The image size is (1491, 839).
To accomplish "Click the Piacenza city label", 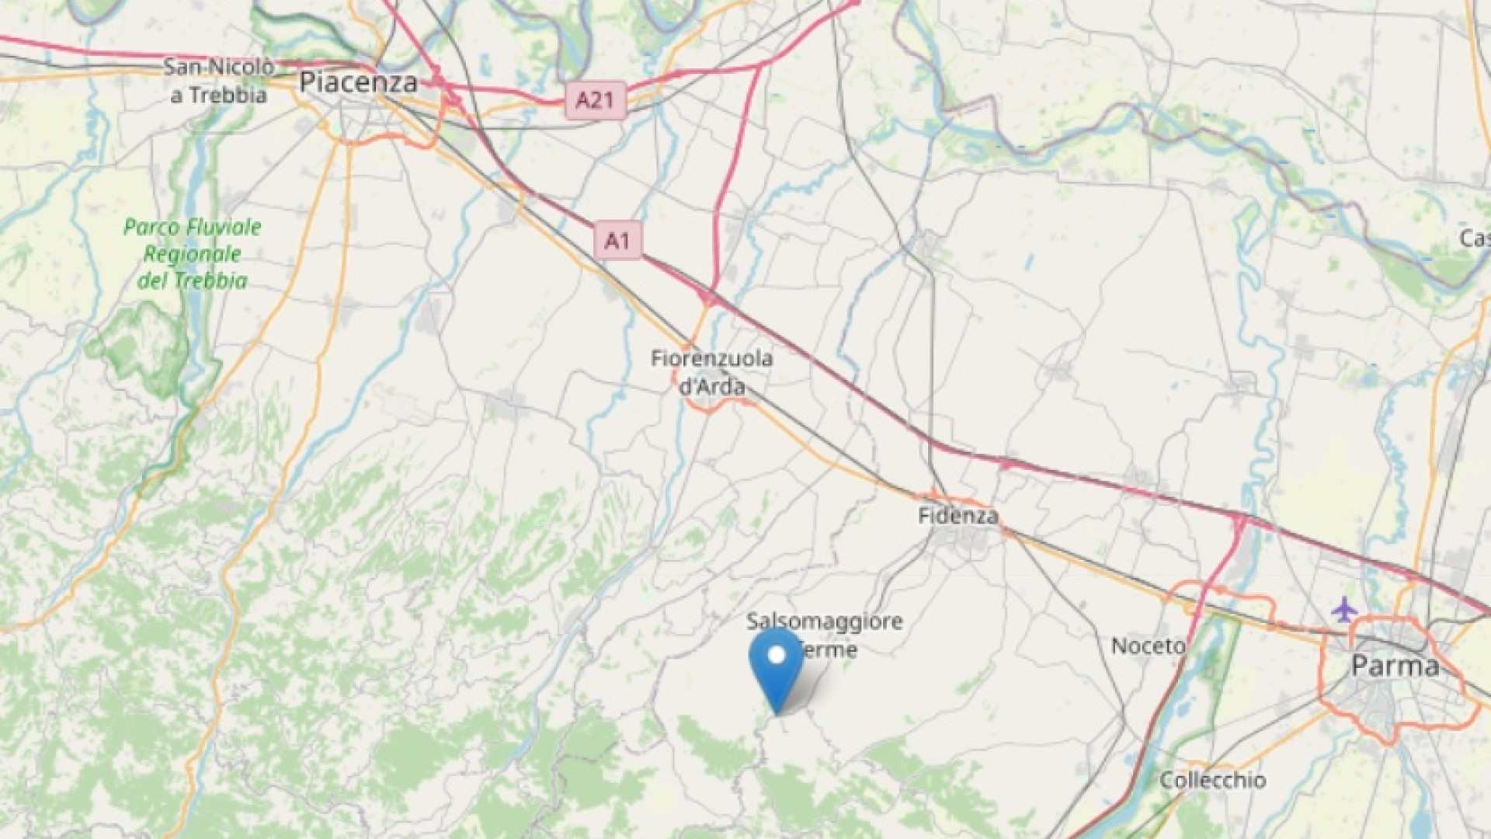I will pyautogui.click(x=359, y=82).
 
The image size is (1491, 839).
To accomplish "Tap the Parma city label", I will pyautogui.click(x=1395, y=666).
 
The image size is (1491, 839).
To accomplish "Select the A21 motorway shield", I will pyautogui.click(x=595, y=100).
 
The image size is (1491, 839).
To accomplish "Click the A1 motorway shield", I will pyautogui.click(x=617, y=240).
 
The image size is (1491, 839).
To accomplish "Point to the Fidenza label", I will pyautogui.click(x=958, y=516).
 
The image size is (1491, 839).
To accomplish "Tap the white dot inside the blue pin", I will pyautogui.click(x=777, y=655).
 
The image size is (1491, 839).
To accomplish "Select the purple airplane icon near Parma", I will pyautogui.click(x=1344, y=609).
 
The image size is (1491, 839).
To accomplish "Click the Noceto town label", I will pyautogui.click(x=1149, y=646).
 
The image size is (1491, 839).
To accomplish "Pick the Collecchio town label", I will pyautogui.click(x=1212, y=780).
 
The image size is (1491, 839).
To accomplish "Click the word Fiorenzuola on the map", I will pyautogui.click(x=712, y=359).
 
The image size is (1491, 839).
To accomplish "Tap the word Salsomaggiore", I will pyautogui.click(x=825, y=621).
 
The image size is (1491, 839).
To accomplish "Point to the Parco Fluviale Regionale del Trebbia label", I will pyautogui.click(x=193, y=254).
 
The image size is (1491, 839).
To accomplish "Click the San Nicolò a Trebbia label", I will pyautogui.click(x=218, y=81).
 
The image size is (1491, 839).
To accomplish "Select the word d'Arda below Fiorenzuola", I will pyautogui.click(x=712, y=386).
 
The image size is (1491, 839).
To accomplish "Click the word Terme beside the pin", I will pyautogui.click(x=829, y=649).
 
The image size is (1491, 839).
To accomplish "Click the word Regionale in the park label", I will pyautogui.click(x=193, y=254).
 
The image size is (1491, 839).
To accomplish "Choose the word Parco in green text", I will pyautogui.click(x=150, y=228).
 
